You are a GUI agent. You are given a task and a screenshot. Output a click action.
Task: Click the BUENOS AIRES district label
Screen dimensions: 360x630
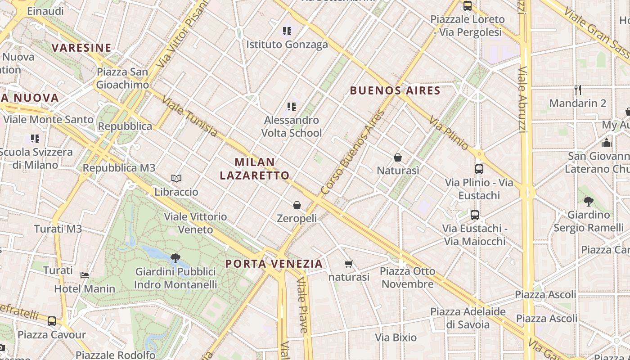[395, 90]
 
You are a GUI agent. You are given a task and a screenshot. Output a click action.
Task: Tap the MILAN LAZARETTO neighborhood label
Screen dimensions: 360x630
[255, 169]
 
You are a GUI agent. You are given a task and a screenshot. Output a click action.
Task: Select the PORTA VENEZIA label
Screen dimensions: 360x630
[274, 264]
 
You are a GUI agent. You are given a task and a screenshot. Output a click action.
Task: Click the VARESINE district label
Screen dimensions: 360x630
[81, 48]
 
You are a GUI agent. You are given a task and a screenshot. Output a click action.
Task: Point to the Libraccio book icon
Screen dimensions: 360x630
[176, 179]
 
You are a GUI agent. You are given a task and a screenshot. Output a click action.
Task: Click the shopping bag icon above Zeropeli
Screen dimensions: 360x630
[297, 205]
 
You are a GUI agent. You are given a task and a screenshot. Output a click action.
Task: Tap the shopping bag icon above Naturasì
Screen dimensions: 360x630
[398, 157]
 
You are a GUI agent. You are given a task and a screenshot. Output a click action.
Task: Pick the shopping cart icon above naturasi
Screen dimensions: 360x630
[348, 264]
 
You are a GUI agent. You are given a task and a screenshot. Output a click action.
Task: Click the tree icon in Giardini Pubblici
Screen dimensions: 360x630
[175, 258]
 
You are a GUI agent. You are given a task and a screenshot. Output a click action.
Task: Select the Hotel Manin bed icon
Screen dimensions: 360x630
[85, 275]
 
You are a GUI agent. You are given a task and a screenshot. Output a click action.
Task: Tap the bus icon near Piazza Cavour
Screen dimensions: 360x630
[52, 321]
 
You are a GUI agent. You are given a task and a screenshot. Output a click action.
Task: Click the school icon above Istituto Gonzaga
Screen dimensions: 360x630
[287, 31]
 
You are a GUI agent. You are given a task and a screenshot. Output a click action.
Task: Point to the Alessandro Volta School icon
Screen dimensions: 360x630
[292, 107]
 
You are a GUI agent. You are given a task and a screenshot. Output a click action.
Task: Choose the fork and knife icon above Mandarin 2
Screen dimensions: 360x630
[578, 90]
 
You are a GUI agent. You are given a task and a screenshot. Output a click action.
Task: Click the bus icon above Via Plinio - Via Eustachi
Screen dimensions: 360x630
[479, 169]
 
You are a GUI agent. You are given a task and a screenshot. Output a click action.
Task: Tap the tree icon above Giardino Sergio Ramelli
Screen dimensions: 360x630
[588, 201]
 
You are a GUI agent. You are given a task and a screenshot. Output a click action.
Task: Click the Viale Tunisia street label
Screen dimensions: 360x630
[189, 116]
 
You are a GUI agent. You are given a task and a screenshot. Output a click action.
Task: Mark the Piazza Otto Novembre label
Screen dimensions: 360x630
[408, 278]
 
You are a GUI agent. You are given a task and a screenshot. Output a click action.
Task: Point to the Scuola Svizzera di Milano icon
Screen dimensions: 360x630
[35, 139]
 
